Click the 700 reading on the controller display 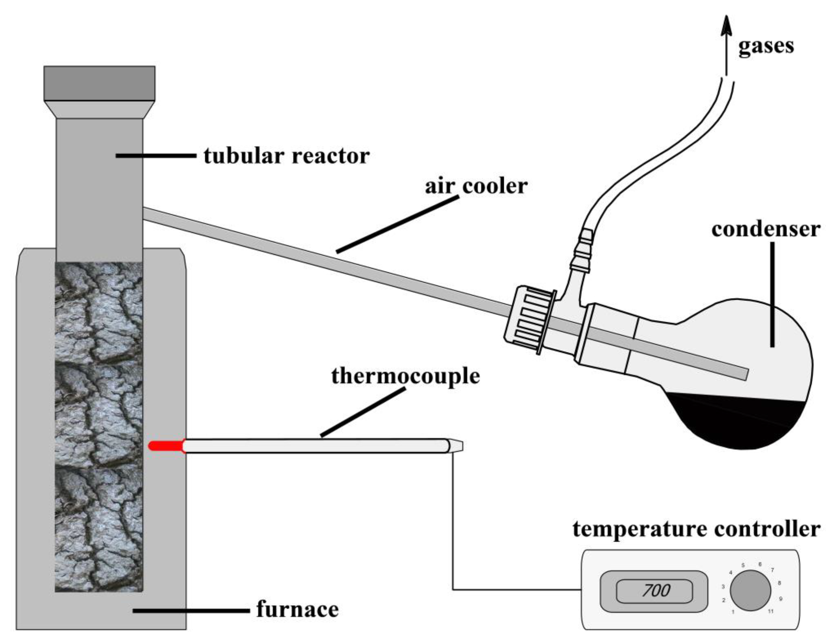(656, 591)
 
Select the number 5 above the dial (743, 565)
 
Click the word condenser (766, 229)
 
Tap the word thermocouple (405, 376)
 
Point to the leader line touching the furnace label (191, 611)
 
